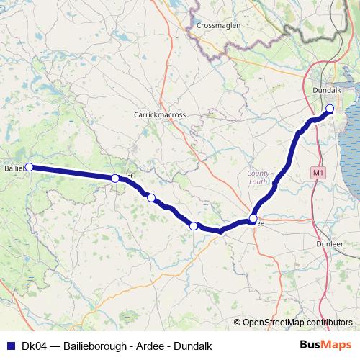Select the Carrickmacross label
coord(160,114)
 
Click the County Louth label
coord(258,177)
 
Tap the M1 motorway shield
coord(319,173)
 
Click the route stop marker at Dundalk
coord(330,109)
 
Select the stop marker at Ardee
coord(253,218)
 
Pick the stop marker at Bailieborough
coord(30,167)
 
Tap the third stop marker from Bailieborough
coord(150,197)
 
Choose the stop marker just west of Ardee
coord(194,226)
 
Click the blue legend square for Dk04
coord(10,346)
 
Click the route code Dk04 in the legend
coord(34,346)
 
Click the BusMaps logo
coord(325,345)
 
